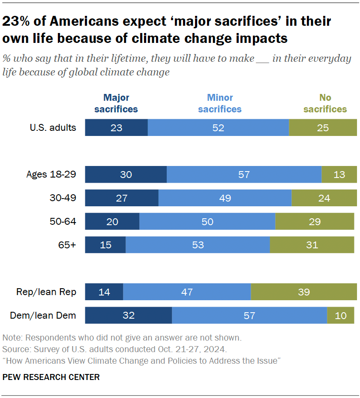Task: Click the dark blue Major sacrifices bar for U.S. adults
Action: [x=116, y=127]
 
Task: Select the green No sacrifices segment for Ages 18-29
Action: [x=339, y=175]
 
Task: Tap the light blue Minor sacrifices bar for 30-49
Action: [x=225, y=198]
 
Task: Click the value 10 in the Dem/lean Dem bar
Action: [x=341, y=316]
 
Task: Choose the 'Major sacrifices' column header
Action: [x=116, y=103]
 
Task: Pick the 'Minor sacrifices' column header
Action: [x=220, y=103]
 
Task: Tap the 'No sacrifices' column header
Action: [x=325, y=103]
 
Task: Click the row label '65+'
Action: [x=67, y=245]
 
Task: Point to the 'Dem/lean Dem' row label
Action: [x=43, y=316]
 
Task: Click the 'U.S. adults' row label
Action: [x=53, y=127]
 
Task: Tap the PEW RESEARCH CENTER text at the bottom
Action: [x=51, y=377]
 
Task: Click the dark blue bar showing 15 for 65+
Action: [x=105, y=245]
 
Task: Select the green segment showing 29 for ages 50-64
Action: [x=315, y=221]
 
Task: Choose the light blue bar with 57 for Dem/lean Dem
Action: [x=249, y=316]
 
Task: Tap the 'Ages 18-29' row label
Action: [x=51, y=175]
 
